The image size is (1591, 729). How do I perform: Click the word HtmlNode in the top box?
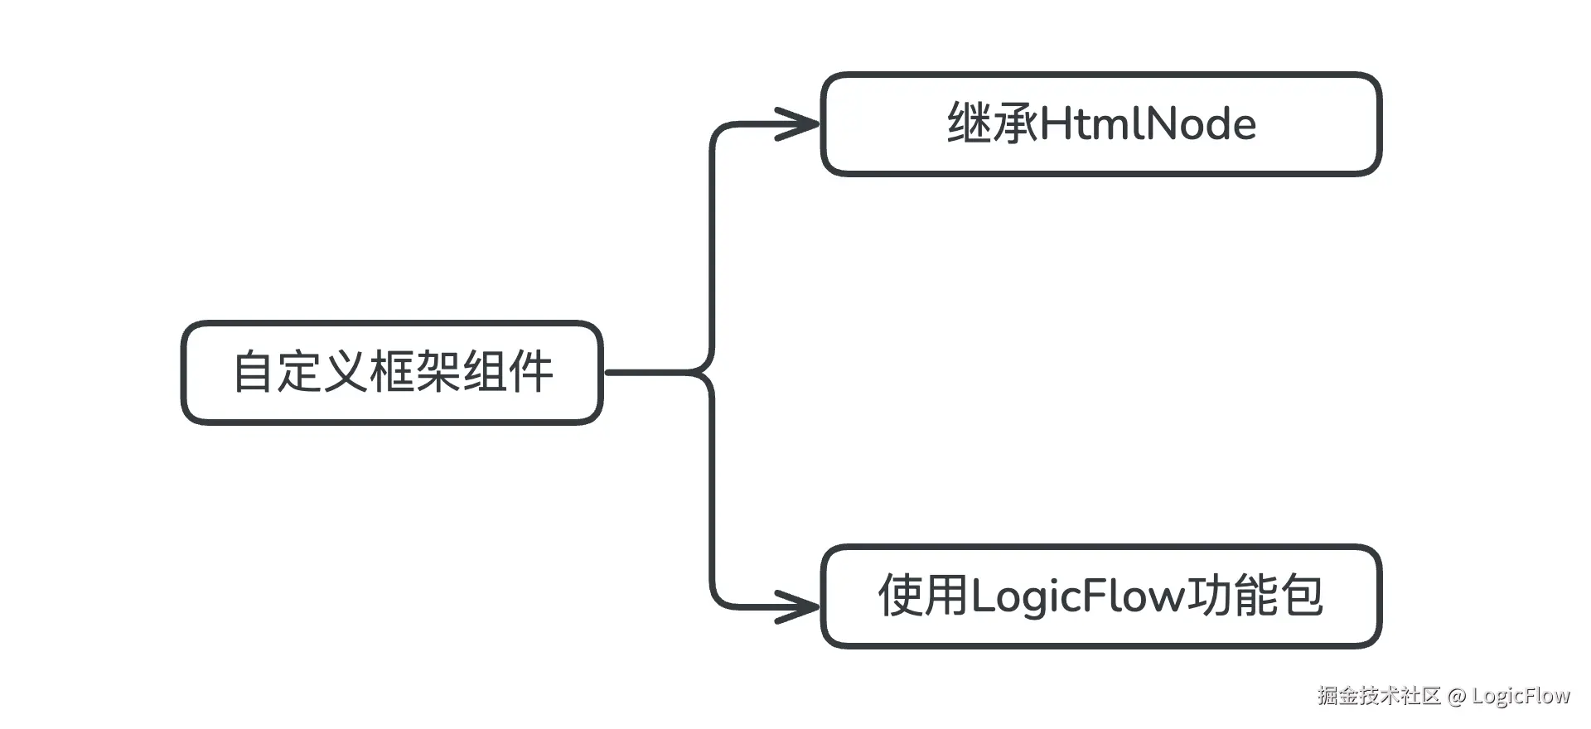1148,124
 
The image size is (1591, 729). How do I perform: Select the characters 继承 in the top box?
992,124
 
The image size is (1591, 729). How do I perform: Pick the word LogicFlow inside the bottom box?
1078,596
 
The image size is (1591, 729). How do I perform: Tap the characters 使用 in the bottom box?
922,596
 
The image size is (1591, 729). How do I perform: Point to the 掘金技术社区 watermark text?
1379,695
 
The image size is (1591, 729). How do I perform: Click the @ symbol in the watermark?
1457,696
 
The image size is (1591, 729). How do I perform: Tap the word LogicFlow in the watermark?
1521,696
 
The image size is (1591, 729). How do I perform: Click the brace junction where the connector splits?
706,373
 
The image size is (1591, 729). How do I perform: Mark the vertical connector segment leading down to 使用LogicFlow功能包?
713,497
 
